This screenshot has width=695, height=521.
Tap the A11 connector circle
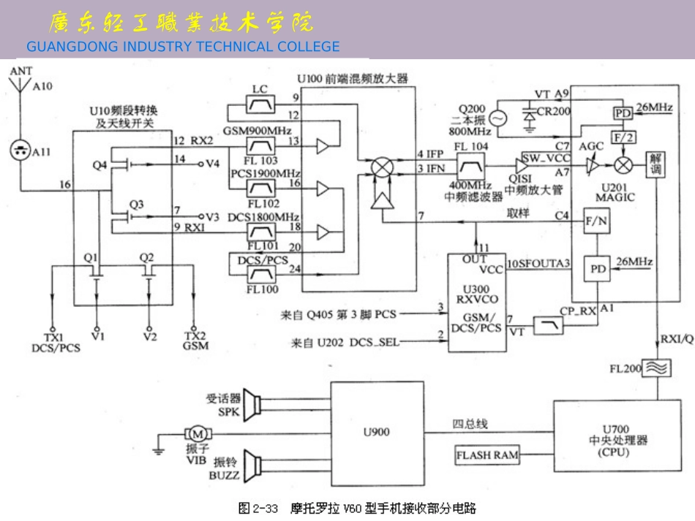click(x=20, y=151)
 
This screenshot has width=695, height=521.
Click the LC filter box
click(x=260, y=108)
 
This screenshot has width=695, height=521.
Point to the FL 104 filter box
click(x=470, y=166)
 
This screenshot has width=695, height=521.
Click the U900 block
click(x=377, y=431)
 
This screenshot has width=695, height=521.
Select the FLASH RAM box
click(x=488, y=455)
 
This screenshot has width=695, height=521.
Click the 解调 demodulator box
click(x=655, y=165)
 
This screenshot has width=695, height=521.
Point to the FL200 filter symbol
click(x=656, y=369)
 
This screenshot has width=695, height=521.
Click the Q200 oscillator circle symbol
click(x=499, y=118)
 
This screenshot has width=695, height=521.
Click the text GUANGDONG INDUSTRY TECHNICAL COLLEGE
click(x=183, y=47)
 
